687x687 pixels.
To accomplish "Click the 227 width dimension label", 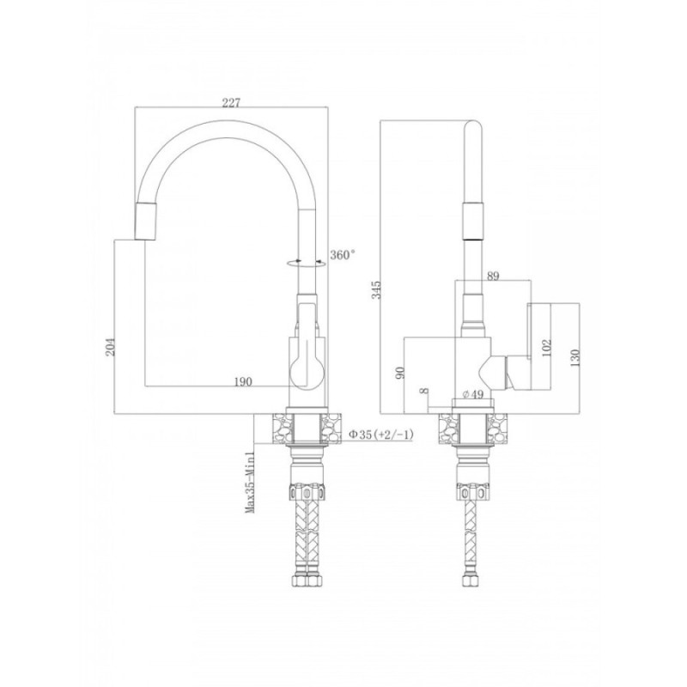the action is click(231, 102).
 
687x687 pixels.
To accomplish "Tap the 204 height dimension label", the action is click(112, 347).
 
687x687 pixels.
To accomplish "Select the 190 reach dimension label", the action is click(243, 381).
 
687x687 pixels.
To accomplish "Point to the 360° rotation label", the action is click(343, 254).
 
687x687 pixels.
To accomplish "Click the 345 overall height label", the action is click(376, 290).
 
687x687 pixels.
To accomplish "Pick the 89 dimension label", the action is click(493, 276).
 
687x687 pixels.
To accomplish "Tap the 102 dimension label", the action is click(547, 348).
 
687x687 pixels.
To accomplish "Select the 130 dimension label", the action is click(575, 357).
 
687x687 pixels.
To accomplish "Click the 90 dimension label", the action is click(399, 373).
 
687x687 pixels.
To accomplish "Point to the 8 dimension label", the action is click(423, 392).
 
